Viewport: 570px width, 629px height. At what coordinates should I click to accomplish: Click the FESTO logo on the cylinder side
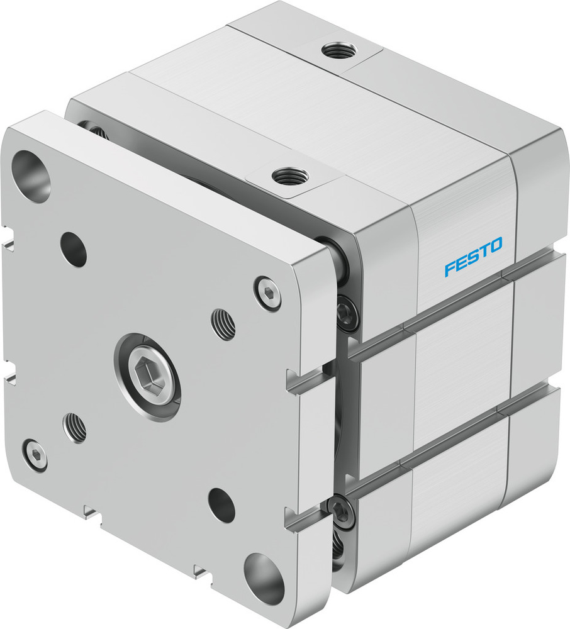473,257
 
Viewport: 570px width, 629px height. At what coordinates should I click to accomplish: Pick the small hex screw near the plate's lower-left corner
34,454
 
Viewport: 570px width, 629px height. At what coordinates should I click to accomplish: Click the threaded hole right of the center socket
223,324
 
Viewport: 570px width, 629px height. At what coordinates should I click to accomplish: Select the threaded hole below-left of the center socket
75,428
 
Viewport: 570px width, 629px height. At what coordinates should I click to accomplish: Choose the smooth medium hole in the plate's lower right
221,504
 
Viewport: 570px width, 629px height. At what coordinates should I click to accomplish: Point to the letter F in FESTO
449,268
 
